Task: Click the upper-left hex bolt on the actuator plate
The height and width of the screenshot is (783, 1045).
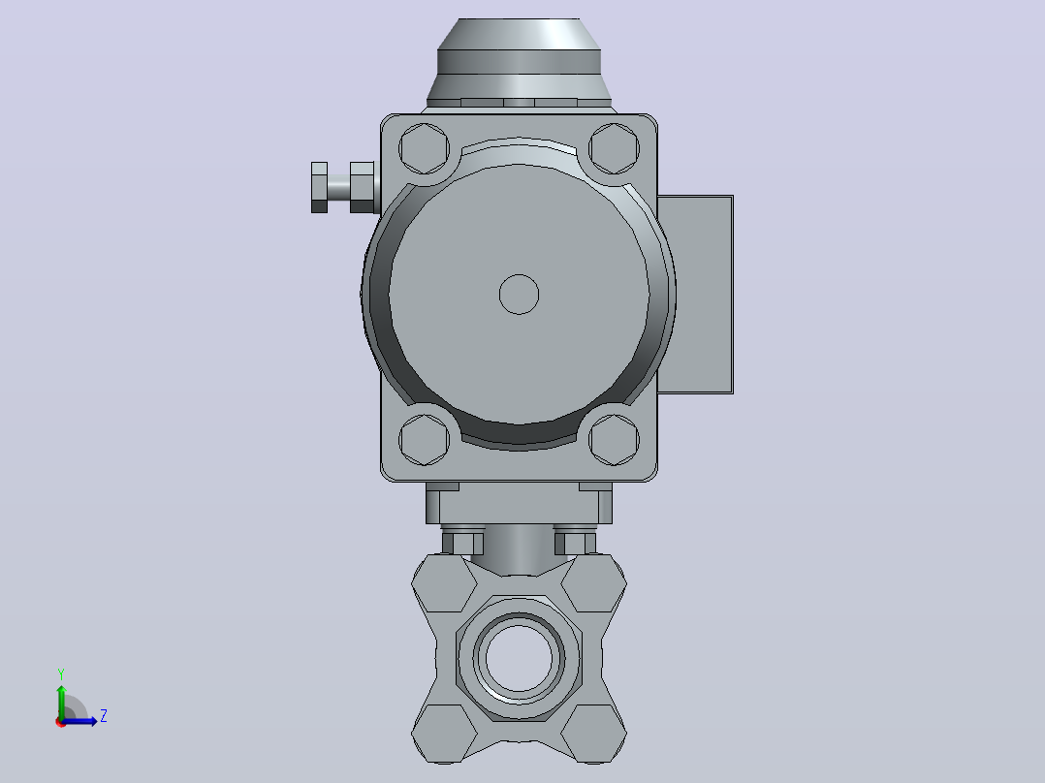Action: (424, 148)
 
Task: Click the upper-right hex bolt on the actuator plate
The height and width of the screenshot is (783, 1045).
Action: (614, 148)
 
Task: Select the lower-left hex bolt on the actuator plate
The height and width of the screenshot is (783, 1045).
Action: (424, 440)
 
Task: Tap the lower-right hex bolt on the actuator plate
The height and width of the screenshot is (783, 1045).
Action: (614, 440)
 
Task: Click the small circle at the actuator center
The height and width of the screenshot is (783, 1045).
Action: (520, 294)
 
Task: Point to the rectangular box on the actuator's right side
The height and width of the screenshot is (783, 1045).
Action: (695, 295)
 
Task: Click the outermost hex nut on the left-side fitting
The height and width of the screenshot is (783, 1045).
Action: (319, 187)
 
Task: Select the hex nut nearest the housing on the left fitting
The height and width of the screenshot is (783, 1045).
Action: (362, 187)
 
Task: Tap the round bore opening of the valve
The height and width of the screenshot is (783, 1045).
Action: (520, 658)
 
